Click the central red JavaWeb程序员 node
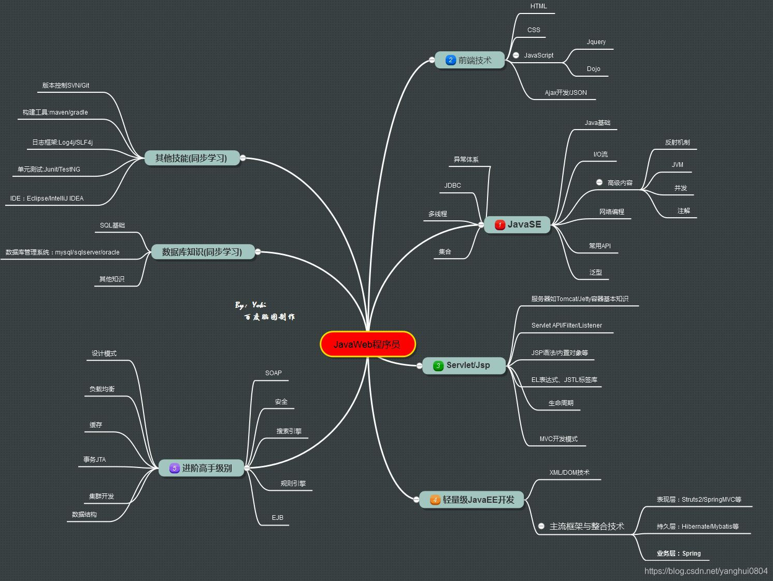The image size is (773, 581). pos(368,344)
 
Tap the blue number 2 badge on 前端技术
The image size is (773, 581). pos(450,60)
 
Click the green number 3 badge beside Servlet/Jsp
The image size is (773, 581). pos(438,365)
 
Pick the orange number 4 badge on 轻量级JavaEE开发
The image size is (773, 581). pos(435,500)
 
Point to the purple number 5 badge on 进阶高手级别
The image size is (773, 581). pos(175,468)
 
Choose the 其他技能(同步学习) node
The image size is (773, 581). pos(192,158)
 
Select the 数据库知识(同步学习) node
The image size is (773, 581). pos(202,252)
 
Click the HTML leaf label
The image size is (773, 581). pos(538,6)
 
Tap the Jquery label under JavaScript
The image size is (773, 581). pos(596,42)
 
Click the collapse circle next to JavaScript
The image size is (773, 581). pos(516,55)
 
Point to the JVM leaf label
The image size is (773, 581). pos(677,165)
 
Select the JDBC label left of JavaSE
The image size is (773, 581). pos(452,186)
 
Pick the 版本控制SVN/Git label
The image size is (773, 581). pos(66,86)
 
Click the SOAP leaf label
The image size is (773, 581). pos(273,373)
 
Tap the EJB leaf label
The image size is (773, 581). pos(277,518)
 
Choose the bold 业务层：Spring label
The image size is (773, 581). pos(678,554)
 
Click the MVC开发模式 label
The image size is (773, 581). pos(558,439)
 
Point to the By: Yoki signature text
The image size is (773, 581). pos(250,305)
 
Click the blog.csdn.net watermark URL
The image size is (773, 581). pos(706,571)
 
